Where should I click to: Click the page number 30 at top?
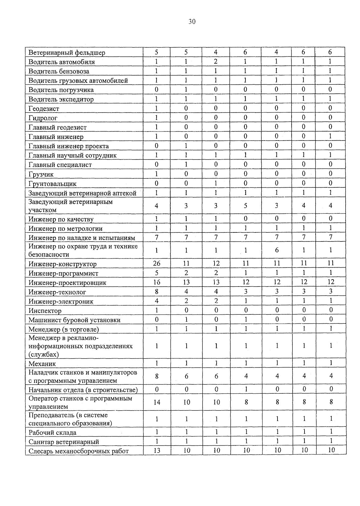coord(192,21)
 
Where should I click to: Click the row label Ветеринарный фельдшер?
coord(67,53)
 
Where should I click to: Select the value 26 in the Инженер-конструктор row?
coord(157,263)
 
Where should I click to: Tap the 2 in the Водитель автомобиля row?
coord(215,62)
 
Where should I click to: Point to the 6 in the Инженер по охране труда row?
coord(277,250)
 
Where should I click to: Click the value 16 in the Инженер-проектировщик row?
coord(157,282)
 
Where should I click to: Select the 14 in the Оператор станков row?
coord(157,402)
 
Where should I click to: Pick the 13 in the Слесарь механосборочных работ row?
coord(157,450)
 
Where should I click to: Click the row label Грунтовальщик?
coord(52,184)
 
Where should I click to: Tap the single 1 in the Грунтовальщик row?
coord(216,183)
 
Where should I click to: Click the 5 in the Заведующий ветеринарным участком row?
coord(245,205)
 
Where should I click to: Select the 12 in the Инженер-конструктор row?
coord(216,263)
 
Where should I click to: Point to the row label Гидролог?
coord(43,118)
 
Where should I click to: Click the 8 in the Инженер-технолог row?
coord(157,291)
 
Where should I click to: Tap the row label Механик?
coord(42,364)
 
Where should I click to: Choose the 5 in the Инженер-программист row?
coord(157,273)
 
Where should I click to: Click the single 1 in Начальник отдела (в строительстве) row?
coord(246,389)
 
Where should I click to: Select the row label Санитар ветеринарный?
coord(64,442)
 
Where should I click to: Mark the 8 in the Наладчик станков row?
coord(157,376)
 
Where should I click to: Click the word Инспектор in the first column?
coord(45,311)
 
